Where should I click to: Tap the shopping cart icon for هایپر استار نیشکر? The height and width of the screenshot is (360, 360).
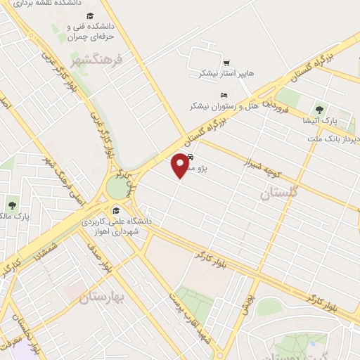(226, 63)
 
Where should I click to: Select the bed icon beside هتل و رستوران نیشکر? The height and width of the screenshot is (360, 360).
(224, 95)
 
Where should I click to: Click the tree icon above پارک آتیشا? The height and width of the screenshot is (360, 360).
(320, 109)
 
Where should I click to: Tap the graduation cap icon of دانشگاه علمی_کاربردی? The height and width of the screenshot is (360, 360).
(115, 210)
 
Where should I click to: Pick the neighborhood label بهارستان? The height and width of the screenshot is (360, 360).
(101, 297)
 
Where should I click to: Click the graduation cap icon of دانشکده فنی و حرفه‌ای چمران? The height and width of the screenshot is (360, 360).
(58, 29)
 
